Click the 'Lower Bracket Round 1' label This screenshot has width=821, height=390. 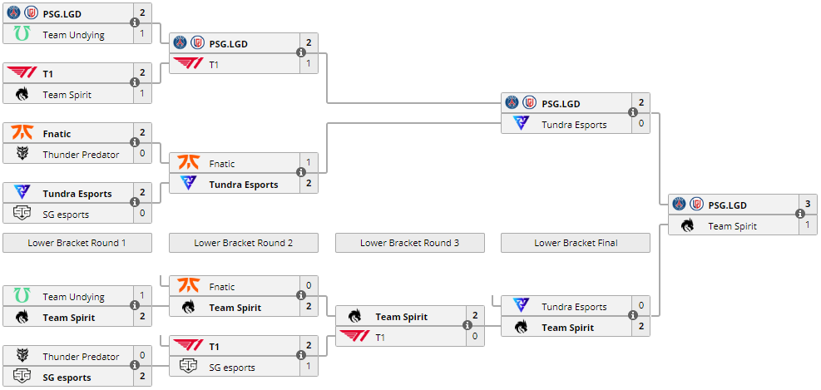pos(77,243)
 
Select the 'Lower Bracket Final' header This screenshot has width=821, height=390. pos(576,243)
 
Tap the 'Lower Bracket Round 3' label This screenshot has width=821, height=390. pos(409,243)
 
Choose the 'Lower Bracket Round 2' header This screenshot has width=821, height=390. pos(243,243)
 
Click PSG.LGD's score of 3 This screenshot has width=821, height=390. pos(808,205)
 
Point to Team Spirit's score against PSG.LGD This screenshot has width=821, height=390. pos(808,225)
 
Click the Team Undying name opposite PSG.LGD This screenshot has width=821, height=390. pos(73,35)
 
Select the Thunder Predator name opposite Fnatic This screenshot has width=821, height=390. pos(81,155)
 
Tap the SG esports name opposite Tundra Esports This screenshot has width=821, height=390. pos(66,215)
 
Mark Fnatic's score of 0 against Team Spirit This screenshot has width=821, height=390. pos(309,286)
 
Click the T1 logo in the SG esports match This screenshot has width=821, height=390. pos(189,346)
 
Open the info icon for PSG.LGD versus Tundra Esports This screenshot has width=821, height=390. pos(633,113)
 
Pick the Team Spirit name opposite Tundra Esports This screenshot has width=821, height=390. pos(567,328)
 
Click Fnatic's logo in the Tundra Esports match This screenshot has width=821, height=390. pos(189,163)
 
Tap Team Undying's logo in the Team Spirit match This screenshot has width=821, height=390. pos(22,296)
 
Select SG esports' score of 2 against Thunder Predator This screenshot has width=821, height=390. pos(142,377)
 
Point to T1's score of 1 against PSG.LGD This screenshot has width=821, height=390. pos(309,63)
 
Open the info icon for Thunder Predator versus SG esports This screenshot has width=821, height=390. pos(135,366)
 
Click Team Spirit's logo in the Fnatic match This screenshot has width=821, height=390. pos(189,307)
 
